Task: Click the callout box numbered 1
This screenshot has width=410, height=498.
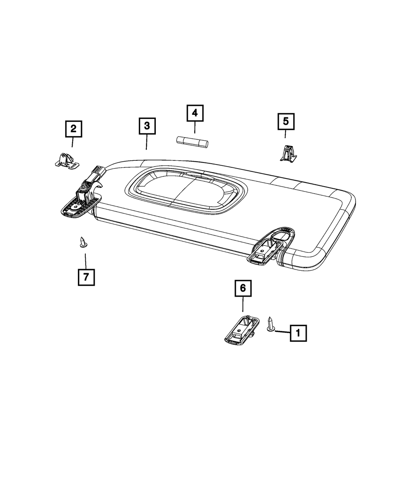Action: (298, 333)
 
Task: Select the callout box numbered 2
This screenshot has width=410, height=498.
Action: (74, 129)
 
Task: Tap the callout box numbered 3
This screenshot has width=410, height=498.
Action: (147, 126)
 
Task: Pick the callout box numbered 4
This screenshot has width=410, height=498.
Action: (195, 113)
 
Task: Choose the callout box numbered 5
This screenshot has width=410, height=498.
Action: (286, 121)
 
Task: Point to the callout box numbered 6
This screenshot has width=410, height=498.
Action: (243, 288)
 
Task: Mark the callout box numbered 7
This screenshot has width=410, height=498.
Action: (86, 277)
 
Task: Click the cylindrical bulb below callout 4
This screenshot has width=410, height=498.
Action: (192, 142)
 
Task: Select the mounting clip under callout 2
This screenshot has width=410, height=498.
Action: (67, 161)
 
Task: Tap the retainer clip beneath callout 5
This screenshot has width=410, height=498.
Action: (288, 154)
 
